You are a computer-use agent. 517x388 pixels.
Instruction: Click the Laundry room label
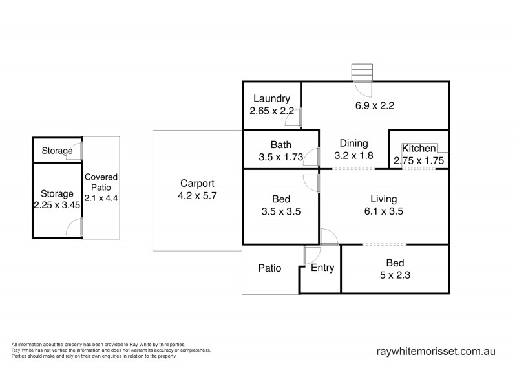coord(271,99)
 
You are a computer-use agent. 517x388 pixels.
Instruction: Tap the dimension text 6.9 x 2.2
coord(375,105)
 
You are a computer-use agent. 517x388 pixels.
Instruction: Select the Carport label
coord(197,183)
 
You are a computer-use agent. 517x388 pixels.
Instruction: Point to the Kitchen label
coord(419,148)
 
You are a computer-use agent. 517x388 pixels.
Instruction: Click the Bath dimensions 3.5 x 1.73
coord(280,156)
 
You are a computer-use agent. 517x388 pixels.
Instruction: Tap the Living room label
coord(383,199)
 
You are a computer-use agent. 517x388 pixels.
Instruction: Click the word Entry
coord(322,268)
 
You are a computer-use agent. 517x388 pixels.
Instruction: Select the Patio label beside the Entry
coord(269,268)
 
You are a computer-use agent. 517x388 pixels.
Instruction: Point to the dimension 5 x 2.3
coord(395,274)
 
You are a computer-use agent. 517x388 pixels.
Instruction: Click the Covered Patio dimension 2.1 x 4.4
coord(101,198)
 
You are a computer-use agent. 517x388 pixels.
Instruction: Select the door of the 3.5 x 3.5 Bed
coord(310,183)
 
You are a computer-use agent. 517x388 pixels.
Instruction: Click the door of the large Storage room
coord(76,228)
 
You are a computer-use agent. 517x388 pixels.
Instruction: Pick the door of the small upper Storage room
coord(77,151)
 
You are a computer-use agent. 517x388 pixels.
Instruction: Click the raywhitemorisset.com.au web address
coord(435,352)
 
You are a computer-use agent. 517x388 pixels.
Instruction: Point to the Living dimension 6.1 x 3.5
coord(383,210)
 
